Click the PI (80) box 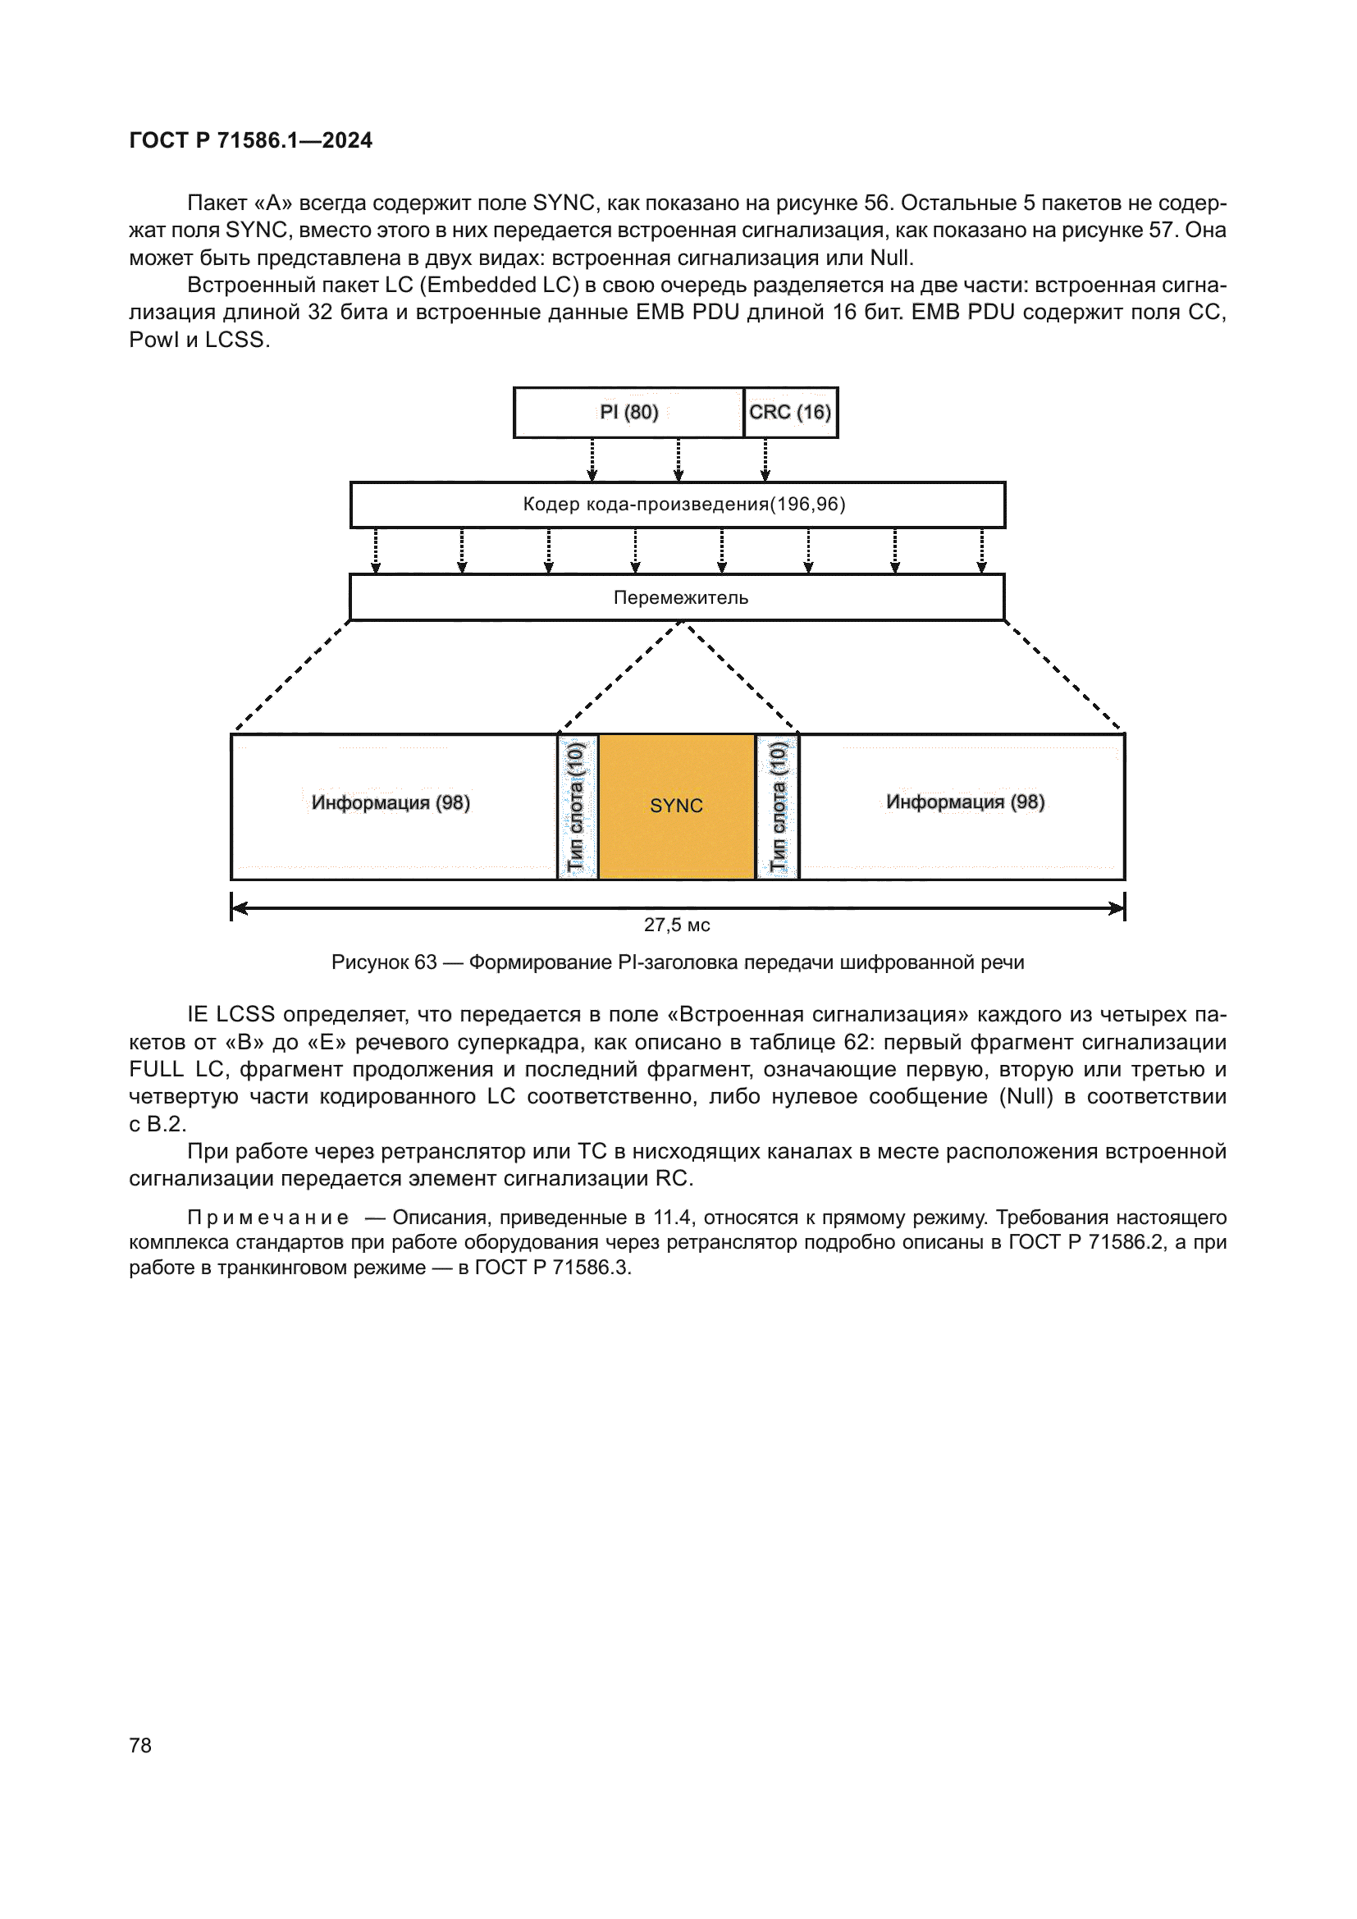click(x=628, y=412)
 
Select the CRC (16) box click(x=789, y=412)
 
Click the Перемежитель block click(x=677, y=597)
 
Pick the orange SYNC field click(x=677, y=806)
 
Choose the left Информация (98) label click(x=391, y=802)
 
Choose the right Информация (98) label click(x=965, y=802)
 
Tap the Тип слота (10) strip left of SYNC click(x=577, y=806)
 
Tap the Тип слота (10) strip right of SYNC click(x=778, y=806)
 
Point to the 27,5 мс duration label click(x=677, y=925)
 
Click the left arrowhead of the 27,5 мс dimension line click(x=238, y=907)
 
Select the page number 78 click(x=140, y=1745)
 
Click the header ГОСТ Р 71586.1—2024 click(x=251, y=140)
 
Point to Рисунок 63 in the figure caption click(x=383, y=962)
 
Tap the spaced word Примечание click(x=267, y=1218)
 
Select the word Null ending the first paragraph click(x=890, y=258)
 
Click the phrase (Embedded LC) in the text click(x=499, y=285)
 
